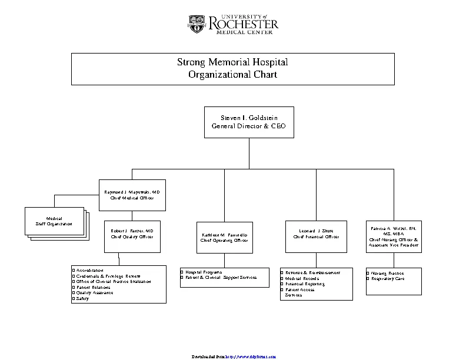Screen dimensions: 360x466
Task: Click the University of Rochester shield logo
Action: (197, 24)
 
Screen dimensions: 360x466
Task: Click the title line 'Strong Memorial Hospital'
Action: (232, 62)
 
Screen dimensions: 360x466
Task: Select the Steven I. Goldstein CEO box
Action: (249, 122)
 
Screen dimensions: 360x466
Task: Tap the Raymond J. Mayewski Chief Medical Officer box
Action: (132, 195)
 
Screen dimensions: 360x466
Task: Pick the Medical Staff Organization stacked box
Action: (54, 221)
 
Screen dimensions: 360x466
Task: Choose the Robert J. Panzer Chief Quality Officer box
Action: (132, 236)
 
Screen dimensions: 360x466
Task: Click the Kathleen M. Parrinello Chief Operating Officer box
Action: (224, 237)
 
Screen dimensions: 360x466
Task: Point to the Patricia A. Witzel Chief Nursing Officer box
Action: (393, 236)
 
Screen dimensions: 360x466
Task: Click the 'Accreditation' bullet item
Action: (90, 270)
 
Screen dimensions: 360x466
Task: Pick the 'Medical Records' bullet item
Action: (302, 278)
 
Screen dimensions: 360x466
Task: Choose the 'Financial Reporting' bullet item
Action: (304, 284)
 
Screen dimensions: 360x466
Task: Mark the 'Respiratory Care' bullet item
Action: (387, 278)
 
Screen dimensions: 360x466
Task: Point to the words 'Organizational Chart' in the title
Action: (232, 75)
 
